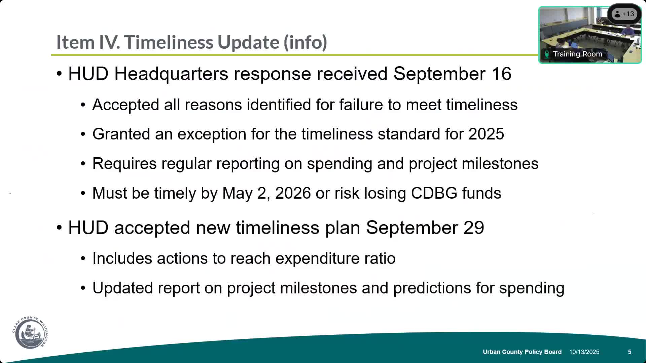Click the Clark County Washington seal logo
point(30,332)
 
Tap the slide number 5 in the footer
point(630,352)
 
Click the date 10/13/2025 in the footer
point(584,352)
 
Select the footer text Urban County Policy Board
point(522,352)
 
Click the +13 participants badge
point(624,14)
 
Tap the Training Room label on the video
point(577,54)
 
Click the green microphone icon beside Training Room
point(547,54)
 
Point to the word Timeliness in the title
point(170,42)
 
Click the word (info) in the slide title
point(305,42)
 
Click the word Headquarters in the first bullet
point(171,74)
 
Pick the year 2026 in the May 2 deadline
point(293,193)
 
